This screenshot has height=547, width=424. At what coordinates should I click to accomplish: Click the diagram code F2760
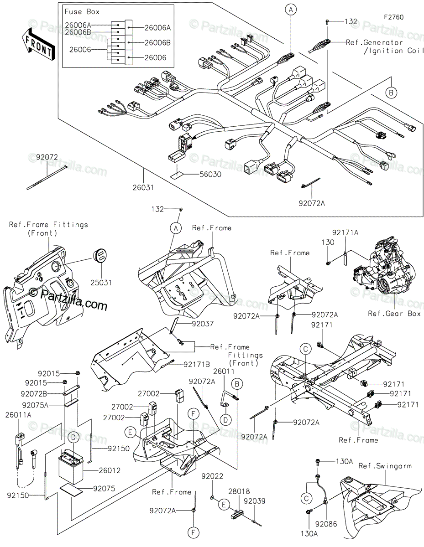click(x=393, y=18)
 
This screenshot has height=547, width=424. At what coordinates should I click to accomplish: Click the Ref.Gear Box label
click(x=394, y=314)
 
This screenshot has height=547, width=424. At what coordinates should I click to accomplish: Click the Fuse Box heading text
click(x=82, y=11)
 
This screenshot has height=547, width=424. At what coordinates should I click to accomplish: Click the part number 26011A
click(x=19, y=415)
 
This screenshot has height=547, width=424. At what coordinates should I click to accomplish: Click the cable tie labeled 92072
click(x=47, y=178)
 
